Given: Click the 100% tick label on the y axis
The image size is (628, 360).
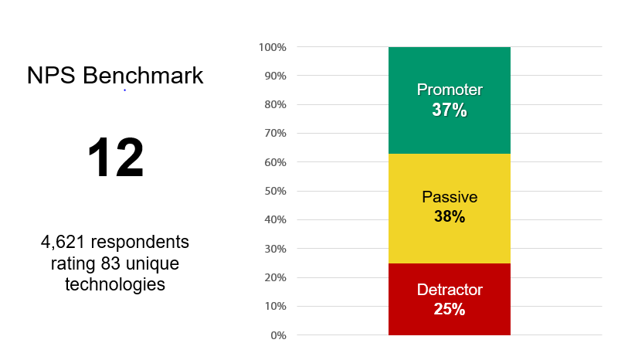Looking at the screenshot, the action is click(x=273, y=47).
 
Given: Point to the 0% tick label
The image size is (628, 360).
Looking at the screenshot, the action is click(x=278, y=335).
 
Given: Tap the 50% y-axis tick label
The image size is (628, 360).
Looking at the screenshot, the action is click(x=275, y=191).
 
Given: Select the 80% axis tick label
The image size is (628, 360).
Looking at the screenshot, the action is click(x=275, y=104).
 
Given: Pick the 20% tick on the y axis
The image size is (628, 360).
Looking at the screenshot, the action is click(x=275, y=277).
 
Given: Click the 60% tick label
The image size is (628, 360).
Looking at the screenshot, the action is click(x=275, y=162).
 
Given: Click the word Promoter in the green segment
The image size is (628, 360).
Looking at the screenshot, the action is click(x=450, y=90).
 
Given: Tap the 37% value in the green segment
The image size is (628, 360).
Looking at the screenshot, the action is click(x=450, y=110).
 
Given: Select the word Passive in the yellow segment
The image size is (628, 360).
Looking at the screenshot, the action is click(x=450, y=197).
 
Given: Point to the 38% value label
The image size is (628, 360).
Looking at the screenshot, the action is click(x=450, y=216).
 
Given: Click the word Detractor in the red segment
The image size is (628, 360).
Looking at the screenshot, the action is click(x=450, y=290).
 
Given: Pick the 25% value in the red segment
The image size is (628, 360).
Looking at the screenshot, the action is click(x=450, y=309).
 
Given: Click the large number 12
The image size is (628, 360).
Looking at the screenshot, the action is click(x=115, y=158).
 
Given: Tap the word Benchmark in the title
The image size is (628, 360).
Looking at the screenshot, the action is click(x=143, y=75).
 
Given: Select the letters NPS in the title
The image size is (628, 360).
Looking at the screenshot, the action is click(x=51, y=75).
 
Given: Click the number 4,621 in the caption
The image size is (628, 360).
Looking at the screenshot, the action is click(x=63, y=243).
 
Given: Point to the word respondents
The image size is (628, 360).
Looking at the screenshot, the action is click(x=140, y=243).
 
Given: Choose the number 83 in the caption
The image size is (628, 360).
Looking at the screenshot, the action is click(x=110, y=263).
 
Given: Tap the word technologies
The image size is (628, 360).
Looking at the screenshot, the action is click(x=115, y=285).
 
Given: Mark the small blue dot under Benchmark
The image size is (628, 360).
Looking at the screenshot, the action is click(x=125, y=90).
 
